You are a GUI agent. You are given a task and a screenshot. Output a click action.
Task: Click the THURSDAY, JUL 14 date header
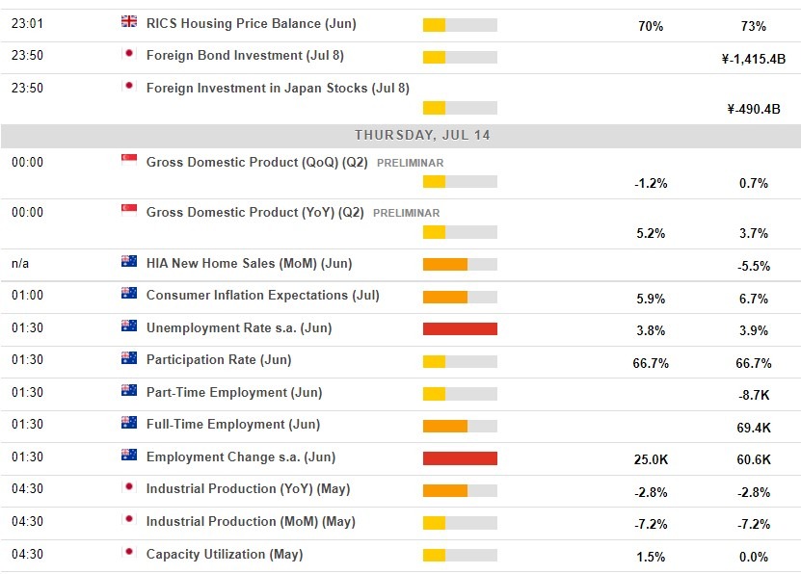point(422,135)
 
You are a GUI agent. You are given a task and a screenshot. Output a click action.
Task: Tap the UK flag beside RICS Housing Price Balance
point(129,22)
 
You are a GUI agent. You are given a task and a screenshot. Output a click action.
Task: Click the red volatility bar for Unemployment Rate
point(460,329)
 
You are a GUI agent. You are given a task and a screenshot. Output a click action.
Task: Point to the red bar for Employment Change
point(460,458)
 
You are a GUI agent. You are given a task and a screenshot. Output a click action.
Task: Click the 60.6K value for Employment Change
point(753,460)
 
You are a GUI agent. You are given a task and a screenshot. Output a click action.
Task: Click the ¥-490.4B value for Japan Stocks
point(753,109)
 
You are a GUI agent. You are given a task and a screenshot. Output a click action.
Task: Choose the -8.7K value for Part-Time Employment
point(753,395)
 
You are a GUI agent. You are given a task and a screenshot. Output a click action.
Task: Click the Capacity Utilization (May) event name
point(224,554)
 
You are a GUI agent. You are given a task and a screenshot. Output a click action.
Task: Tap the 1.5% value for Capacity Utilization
point(650,557)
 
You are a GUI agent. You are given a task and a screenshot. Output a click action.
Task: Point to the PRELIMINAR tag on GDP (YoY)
point(406,213)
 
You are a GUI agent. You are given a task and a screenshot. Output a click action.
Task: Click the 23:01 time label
point(27,23)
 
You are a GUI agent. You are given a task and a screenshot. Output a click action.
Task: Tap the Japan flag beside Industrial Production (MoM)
point(129,521)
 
